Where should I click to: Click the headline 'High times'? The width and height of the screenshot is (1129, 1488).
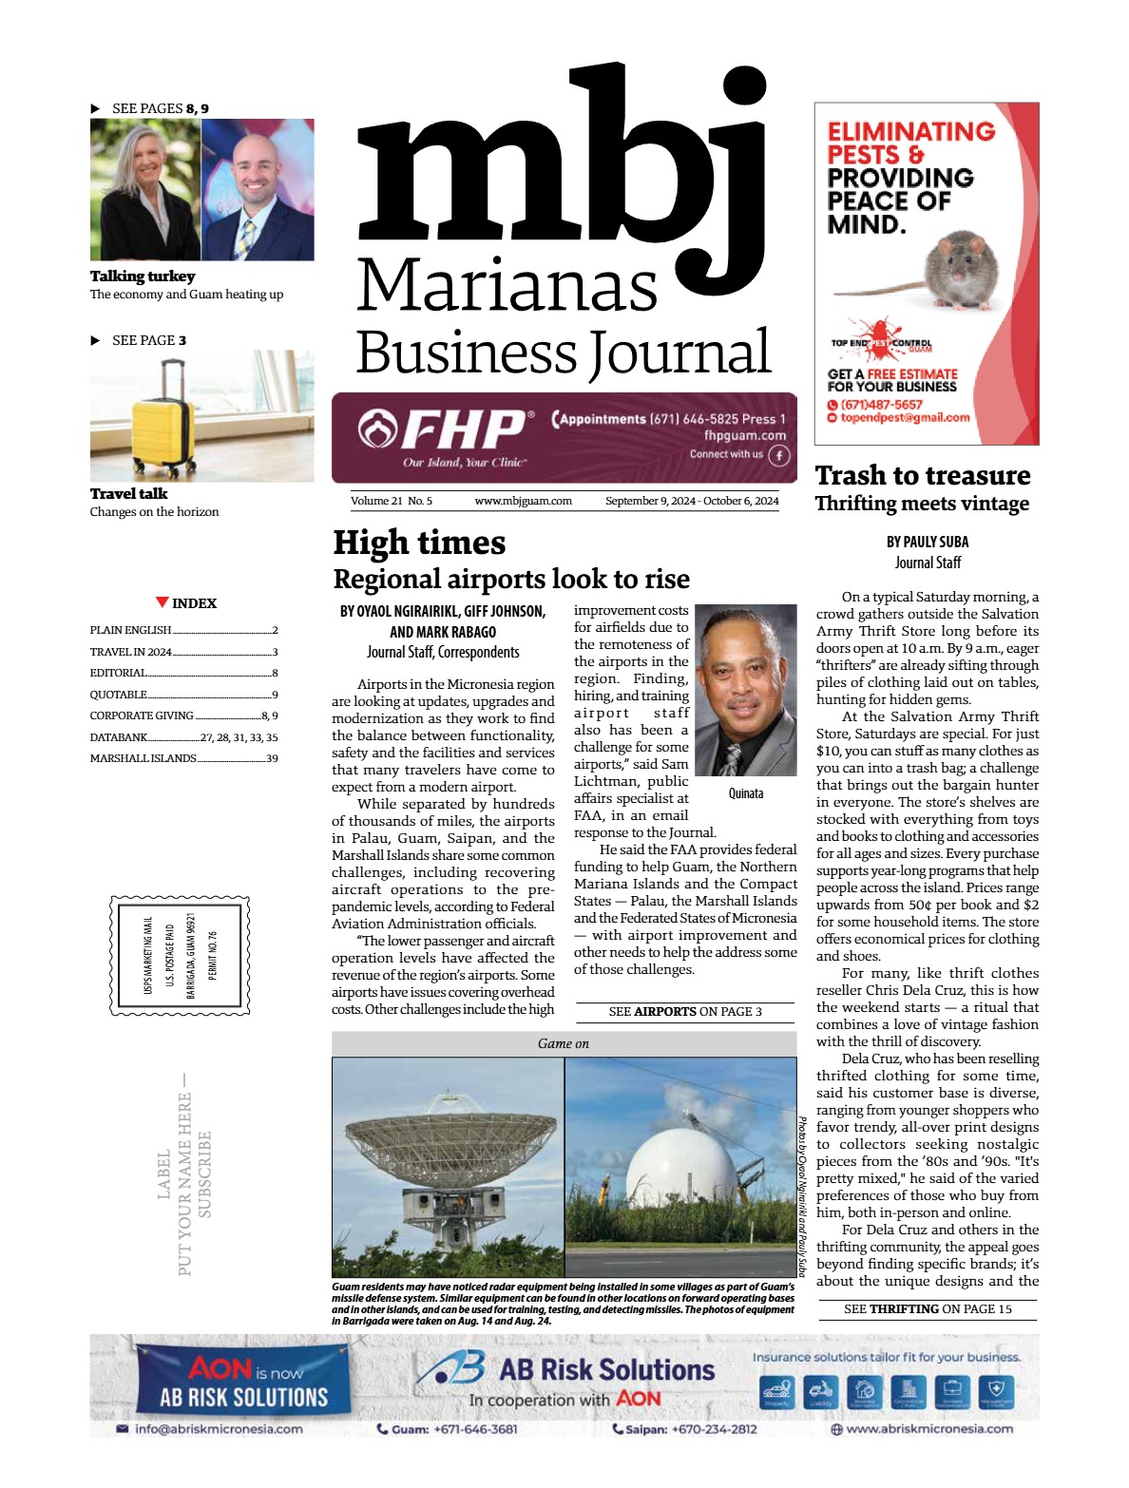[419, 543]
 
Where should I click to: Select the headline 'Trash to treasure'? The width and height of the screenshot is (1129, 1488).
[922, 475]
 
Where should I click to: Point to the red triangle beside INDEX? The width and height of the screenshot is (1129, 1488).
[163, 602]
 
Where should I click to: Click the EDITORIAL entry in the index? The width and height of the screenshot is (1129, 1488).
[118, 673]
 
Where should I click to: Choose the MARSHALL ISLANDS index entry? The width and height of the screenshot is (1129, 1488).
[143, 758]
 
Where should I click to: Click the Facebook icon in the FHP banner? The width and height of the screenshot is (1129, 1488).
[779, 455]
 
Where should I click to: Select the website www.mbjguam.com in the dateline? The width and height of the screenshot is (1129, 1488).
[523, 501]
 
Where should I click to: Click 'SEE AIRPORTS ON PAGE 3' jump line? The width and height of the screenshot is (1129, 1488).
[685, 1012]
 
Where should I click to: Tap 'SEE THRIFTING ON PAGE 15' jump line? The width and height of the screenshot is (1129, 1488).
[928, 1309]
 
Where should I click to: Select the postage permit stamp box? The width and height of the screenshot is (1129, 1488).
[181, 955]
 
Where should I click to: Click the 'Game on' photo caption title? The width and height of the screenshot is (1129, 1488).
[563, 1043]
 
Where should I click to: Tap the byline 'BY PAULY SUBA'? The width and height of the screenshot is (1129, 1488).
[927, 542]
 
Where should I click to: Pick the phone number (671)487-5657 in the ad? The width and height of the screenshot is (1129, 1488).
[881, 405]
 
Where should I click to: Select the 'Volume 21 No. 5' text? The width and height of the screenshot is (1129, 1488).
[392, 501]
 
